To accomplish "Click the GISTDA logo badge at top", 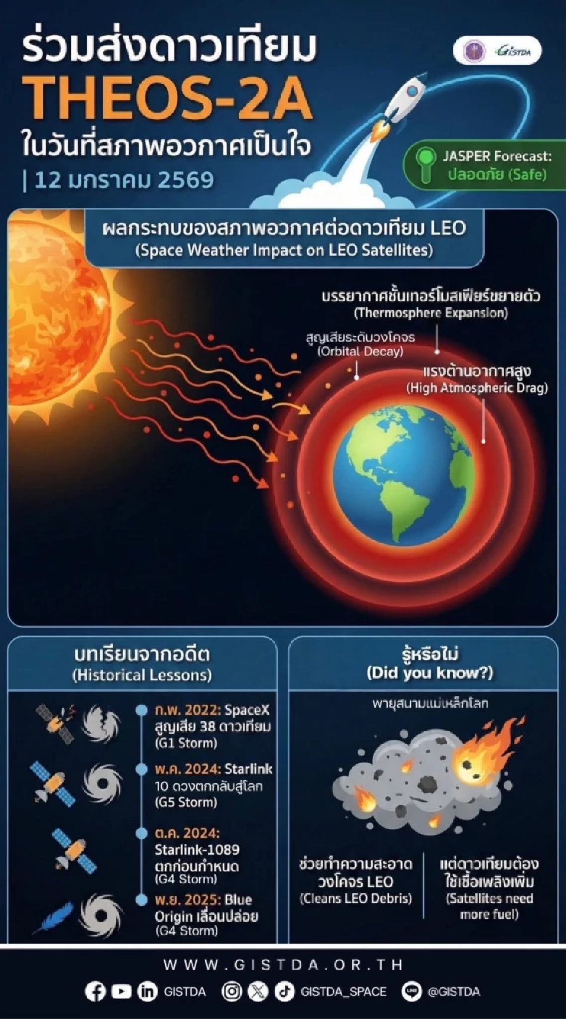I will click(x=497, y=51).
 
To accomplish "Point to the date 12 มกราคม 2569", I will click(x=124, y=180).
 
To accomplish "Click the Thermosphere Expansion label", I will click(x=431, y=313).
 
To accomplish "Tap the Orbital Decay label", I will click(x=360, y=351).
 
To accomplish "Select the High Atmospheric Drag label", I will click(x=477, y=387).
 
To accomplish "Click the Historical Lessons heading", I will click(x=142, y=675).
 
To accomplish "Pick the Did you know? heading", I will click(x=429, y=673).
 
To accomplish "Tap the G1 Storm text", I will click(x=186, y=743).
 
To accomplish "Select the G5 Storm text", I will click(x=186, y=802).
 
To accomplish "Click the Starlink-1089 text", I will click(x=197, y=849).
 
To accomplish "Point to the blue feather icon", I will click(x=53, y=917).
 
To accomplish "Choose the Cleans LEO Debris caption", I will click(x=356, y=898).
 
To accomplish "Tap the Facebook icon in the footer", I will click(x=95, y=992).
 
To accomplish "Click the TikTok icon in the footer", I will click(x=284, y=992).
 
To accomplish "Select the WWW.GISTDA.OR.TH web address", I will click(x=283, y=965).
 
